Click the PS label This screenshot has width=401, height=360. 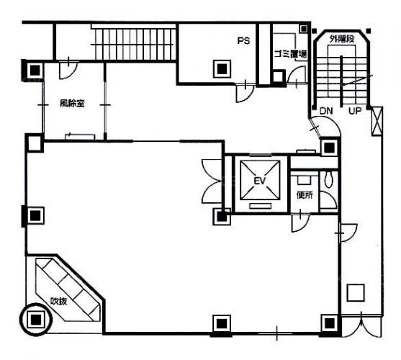243,40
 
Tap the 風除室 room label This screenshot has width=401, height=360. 72,103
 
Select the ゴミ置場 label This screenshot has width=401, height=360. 290,54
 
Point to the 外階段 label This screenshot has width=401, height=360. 342,39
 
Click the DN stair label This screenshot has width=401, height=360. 326,111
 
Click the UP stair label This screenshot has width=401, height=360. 355,111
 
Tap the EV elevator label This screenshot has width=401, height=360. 260,181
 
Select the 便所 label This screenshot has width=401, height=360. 305,195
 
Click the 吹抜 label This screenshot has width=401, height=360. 58,302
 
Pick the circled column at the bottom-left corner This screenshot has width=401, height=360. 36,319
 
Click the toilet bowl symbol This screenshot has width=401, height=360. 329,179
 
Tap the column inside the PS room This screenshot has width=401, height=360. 222,68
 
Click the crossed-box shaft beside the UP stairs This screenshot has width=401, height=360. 377,121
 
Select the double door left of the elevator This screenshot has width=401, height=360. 212,181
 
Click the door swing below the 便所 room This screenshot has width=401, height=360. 300,222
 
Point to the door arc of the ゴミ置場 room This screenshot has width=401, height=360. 297,74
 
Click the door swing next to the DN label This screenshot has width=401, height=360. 325,125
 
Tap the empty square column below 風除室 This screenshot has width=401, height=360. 35,143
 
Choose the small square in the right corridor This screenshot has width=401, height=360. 356,292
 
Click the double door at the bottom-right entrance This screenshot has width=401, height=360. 361,326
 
